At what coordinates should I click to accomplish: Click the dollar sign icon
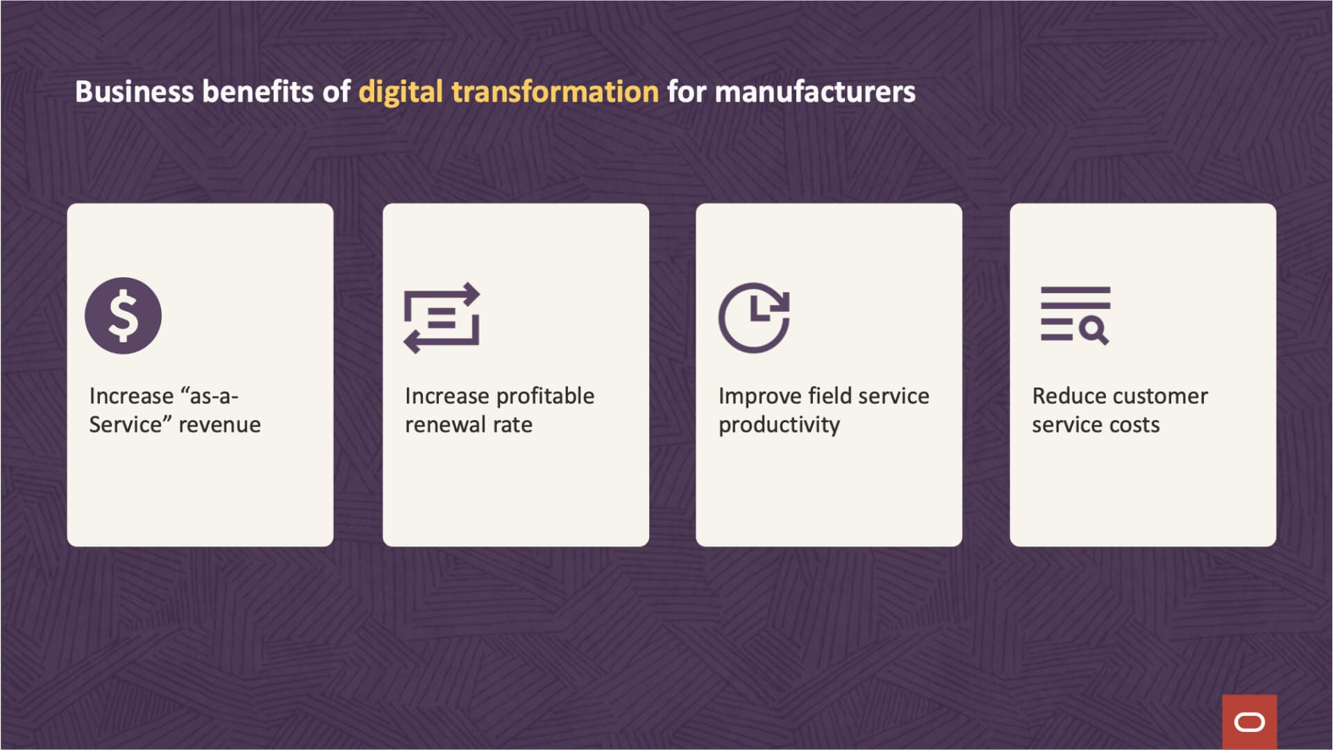123,315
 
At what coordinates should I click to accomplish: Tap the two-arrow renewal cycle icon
442,317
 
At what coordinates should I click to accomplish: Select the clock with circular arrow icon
754,317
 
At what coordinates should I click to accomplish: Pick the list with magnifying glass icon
1075,315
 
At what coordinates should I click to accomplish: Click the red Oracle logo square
1250,722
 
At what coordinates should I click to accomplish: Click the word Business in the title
134,92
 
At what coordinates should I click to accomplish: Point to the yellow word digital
401,92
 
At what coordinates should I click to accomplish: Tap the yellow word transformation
555,92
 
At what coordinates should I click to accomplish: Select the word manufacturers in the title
815,92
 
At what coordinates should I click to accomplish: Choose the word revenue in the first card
219,425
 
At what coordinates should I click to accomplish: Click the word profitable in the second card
545,396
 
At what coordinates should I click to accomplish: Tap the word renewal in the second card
445,424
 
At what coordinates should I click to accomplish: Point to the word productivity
779,425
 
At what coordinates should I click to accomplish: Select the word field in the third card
820,396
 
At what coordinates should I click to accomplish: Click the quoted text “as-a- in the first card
209,396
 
